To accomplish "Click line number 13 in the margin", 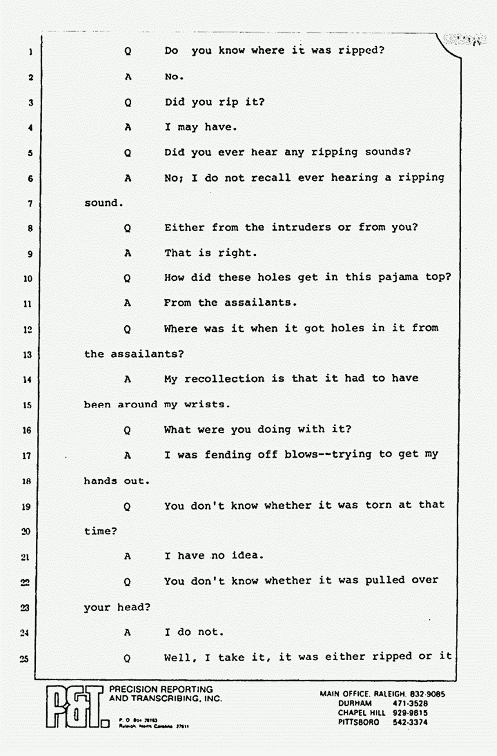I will (27, 355).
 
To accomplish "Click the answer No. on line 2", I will (174, 76).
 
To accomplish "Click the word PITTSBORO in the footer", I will (358, 722).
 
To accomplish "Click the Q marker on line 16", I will (127, 430).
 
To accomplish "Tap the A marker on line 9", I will (128, 253).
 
